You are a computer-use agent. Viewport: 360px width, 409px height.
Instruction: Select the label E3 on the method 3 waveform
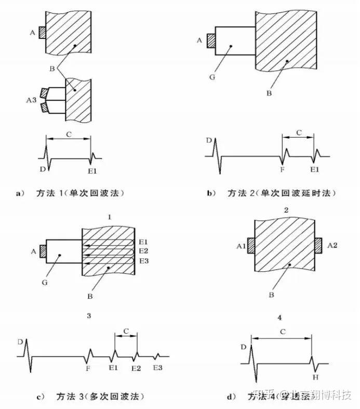158,368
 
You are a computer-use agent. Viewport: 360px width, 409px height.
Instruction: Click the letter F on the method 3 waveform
88,368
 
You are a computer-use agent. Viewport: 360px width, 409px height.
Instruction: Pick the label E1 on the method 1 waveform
92,169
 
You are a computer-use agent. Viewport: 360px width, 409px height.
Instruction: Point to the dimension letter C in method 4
281,331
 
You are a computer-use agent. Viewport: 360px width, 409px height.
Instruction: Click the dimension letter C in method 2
298,133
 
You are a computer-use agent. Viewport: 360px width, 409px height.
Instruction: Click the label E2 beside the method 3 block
144,251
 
